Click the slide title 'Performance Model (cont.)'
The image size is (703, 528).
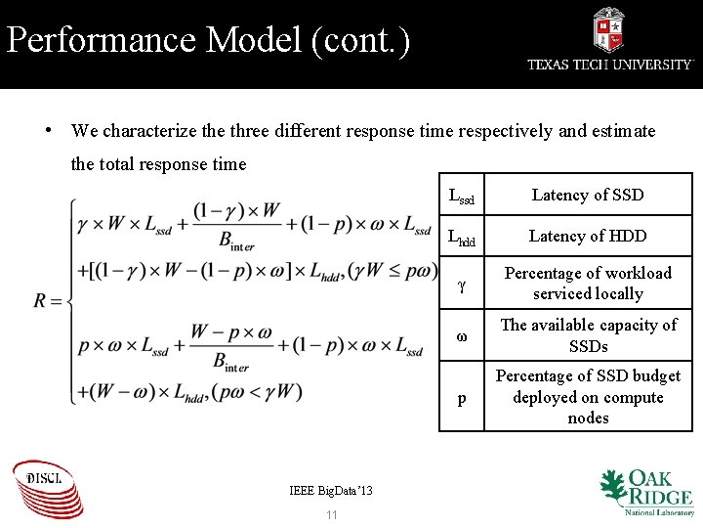coord(208,40)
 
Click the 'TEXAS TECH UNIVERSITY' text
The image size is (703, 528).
coord(610,65)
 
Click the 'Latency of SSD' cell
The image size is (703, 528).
coord(587,195)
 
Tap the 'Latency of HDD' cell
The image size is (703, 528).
coord(587,236)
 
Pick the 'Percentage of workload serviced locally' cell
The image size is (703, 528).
coord(587,284)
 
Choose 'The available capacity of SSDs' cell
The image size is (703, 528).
coord(587,335)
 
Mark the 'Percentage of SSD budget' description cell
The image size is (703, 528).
coord(587,397)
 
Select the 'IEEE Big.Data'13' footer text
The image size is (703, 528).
coord(331,490)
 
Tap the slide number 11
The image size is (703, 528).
coord(331,514)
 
